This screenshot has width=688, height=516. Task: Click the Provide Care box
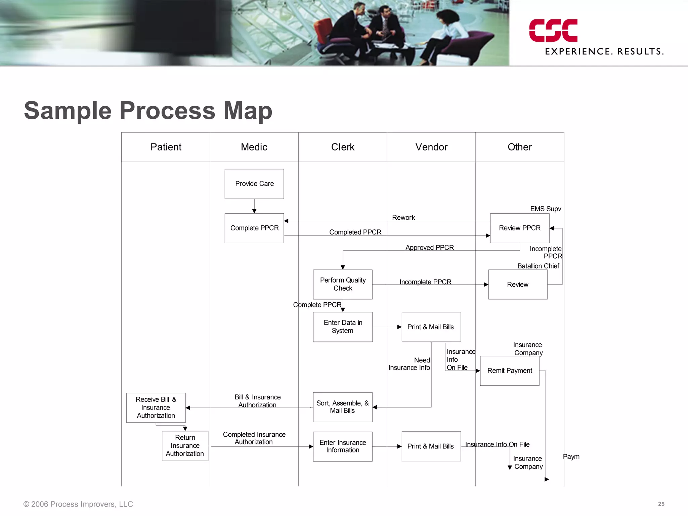(x=254, y=184)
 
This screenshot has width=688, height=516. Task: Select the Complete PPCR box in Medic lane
(x=254, y=228)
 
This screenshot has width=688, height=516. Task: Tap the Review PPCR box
(x=520, y=228)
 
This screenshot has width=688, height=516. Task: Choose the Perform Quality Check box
(x=343, y=284)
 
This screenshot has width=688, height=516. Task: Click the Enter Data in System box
(x=343, y=327)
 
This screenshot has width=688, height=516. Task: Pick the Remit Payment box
(x=510, y=371)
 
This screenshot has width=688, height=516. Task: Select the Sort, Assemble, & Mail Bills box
(x=343, y=407)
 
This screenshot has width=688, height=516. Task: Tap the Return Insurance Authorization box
(x=185, y=446)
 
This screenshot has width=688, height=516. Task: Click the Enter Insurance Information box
(x=343, y=446)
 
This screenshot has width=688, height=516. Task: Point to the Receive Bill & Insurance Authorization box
(x=156, y=407)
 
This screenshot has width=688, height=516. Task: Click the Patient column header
(x=166, y=147)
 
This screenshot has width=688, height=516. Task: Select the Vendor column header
(x=431, y=147)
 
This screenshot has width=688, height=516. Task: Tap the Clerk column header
(x=343, y=147)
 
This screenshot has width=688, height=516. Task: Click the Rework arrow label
(x=403, y=218)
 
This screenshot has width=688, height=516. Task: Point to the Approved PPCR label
(x=429, y=248)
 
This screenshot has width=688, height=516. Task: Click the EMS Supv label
(x=546, y=209)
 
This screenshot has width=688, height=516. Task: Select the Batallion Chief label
(x=538, y=266)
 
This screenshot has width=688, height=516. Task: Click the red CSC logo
(x=553, y=31)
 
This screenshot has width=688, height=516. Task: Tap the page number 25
(x=661, y=504)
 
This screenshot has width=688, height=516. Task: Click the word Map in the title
(x=248, y=111)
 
